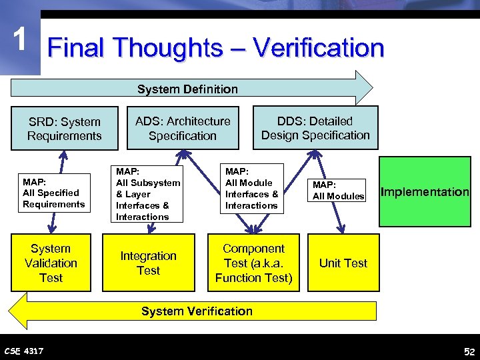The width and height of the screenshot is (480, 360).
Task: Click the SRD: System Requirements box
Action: tap(65, 129)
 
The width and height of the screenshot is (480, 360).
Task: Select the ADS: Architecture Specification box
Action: tap(183, 128)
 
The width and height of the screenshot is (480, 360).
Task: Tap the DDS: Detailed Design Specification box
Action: tap(315, 128)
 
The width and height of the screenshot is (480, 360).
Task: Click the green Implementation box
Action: tap(425, 191)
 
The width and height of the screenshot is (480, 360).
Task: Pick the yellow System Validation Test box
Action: tap(51, 263)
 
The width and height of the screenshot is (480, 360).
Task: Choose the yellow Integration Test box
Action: tap(148, 263)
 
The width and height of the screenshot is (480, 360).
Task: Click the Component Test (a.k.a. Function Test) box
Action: tap(253, 263)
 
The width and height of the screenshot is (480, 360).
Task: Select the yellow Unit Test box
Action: tap(343, 263)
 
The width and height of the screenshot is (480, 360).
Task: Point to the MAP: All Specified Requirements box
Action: tap(53, 193)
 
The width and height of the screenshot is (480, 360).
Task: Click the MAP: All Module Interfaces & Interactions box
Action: tap(252, 189)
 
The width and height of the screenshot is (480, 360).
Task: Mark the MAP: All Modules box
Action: tap(338, 190)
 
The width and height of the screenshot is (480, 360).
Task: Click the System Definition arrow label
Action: tap(187, 89)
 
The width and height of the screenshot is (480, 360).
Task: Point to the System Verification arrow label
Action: tap(197, 311)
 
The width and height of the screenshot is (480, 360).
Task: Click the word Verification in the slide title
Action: tap(319, 48)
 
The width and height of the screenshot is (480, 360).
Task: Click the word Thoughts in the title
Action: tap(167, 48)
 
